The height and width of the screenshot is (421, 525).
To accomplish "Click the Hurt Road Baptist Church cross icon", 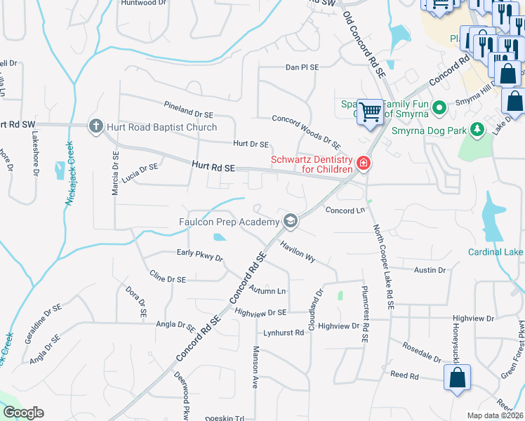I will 96,127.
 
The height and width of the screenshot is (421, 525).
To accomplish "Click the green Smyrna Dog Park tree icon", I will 477,129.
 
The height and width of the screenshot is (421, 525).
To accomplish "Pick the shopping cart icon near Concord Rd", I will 370,111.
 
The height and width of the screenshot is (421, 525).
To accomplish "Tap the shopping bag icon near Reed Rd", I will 457,379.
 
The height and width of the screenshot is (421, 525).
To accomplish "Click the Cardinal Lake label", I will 496,252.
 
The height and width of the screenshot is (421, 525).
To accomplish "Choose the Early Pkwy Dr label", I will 199,255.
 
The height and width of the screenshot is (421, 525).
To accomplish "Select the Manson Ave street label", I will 256,367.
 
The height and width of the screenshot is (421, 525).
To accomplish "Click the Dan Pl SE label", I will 302,67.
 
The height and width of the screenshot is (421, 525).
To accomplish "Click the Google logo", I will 24,413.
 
